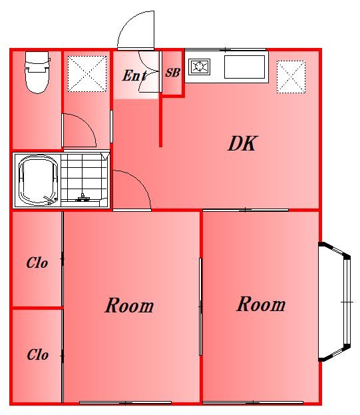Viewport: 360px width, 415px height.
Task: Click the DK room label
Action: click(242, 143)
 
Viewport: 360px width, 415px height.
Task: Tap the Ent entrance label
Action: click(134, 75)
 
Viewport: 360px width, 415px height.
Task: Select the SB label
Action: click(172, 73)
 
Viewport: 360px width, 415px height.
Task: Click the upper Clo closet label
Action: click(37, 263)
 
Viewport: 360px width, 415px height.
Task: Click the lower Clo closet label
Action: click(37, 354)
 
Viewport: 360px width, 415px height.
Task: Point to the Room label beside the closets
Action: click(129, 305)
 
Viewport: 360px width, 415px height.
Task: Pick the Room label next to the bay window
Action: click(261, 304)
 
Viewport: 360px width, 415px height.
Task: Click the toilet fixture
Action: click(37, 72)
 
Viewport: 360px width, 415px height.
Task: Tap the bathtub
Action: click(38, 180)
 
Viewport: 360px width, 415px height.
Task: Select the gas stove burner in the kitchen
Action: click(199, 67)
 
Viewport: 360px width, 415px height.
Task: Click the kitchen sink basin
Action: click(244, 67)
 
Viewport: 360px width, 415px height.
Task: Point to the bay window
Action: click(335, 302)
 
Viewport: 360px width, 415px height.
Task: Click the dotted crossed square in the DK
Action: click(291, 77)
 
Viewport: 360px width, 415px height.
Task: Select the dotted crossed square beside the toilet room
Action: click(87, 74)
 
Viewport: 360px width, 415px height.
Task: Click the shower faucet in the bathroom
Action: click(83, 198)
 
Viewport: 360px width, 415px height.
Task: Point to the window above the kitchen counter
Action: click(225, 49)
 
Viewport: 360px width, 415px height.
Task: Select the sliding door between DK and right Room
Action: click(246, 210)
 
